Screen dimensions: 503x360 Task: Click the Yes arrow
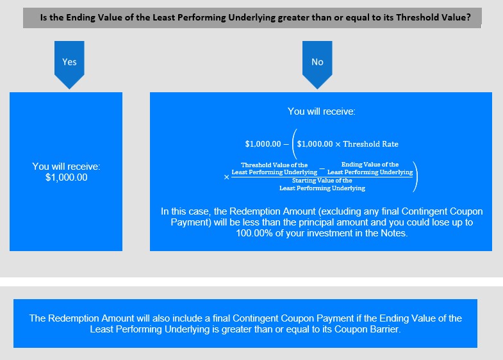pos(69,64)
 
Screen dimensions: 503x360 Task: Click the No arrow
pos(317,64)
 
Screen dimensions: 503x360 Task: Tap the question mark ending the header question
pos(468,17)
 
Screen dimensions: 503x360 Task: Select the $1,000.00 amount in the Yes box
pos(67,177)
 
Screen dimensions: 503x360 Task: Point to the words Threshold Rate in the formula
pos(370,144)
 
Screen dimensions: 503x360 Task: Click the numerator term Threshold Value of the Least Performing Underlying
pos(274,168)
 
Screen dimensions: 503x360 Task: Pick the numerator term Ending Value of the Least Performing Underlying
pos(370,168)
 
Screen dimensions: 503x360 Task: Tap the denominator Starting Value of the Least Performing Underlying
pos(322,184)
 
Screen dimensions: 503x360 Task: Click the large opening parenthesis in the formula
pos(295,144)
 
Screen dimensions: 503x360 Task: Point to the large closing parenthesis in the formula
pos(415,177)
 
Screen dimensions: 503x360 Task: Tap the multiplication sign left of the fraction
pos(226,177)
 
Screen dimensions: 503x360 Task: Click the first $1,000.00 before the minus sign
pos(263,144)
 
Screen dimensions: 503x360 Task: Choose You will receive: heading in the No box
pos(322,111)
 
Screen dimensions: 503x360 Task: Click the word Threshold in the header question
pos(415,17)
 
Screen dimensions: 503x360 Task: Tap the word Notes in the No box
pos(393,233)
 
